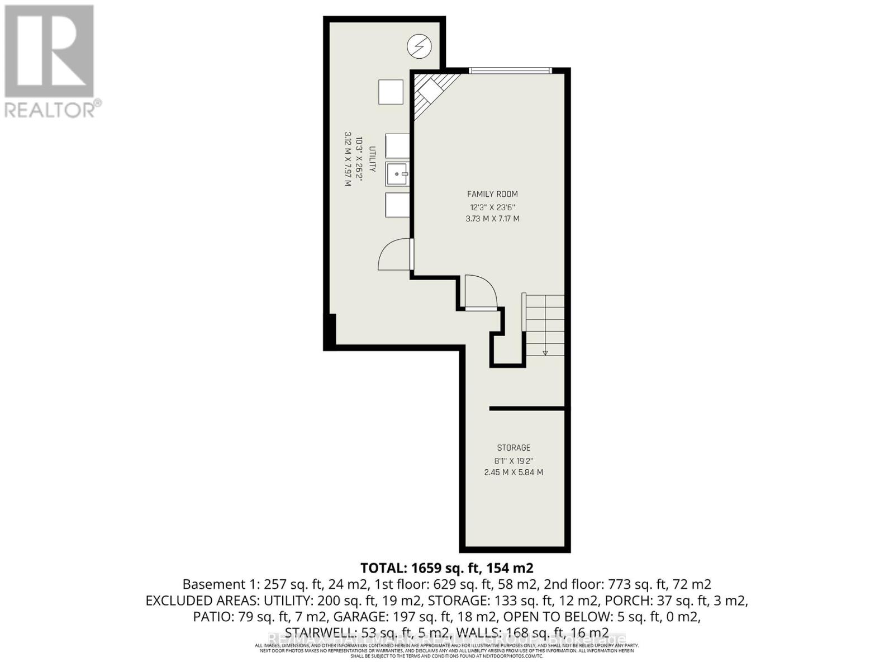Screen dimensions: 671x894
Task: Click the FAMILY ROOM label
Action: tap(492, 194)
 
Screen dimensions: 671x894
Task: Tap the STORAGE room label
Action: tap(513, 447)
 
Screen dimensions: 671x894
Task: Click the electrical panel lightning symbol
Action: tap(419, 46)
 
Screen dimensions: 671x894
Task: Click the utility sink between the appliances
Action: tap(398, 174)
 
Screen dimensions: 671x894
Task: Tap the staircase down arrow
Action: tap(545, 352)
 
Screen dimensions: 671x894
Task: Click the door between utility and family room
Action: tap(396, 254)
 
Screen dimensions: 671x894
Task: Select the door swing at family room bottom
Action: tap(479, 291)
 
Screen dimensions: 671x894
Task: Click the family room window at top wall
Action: tap(510, 70)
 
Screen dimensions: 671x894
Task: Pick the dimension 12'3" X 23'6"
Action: tap(492, 207)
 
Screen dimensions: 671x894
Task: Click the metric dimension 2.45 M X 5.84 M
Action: tap(513, 472)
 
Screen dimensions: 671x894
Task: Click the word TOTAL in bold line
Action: tap(384, 568)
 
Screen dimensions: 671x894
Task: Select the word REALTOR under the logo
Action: tap(50, 110)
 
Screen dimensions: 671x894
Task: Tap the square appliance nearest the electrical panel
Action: tap(391, 92)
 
